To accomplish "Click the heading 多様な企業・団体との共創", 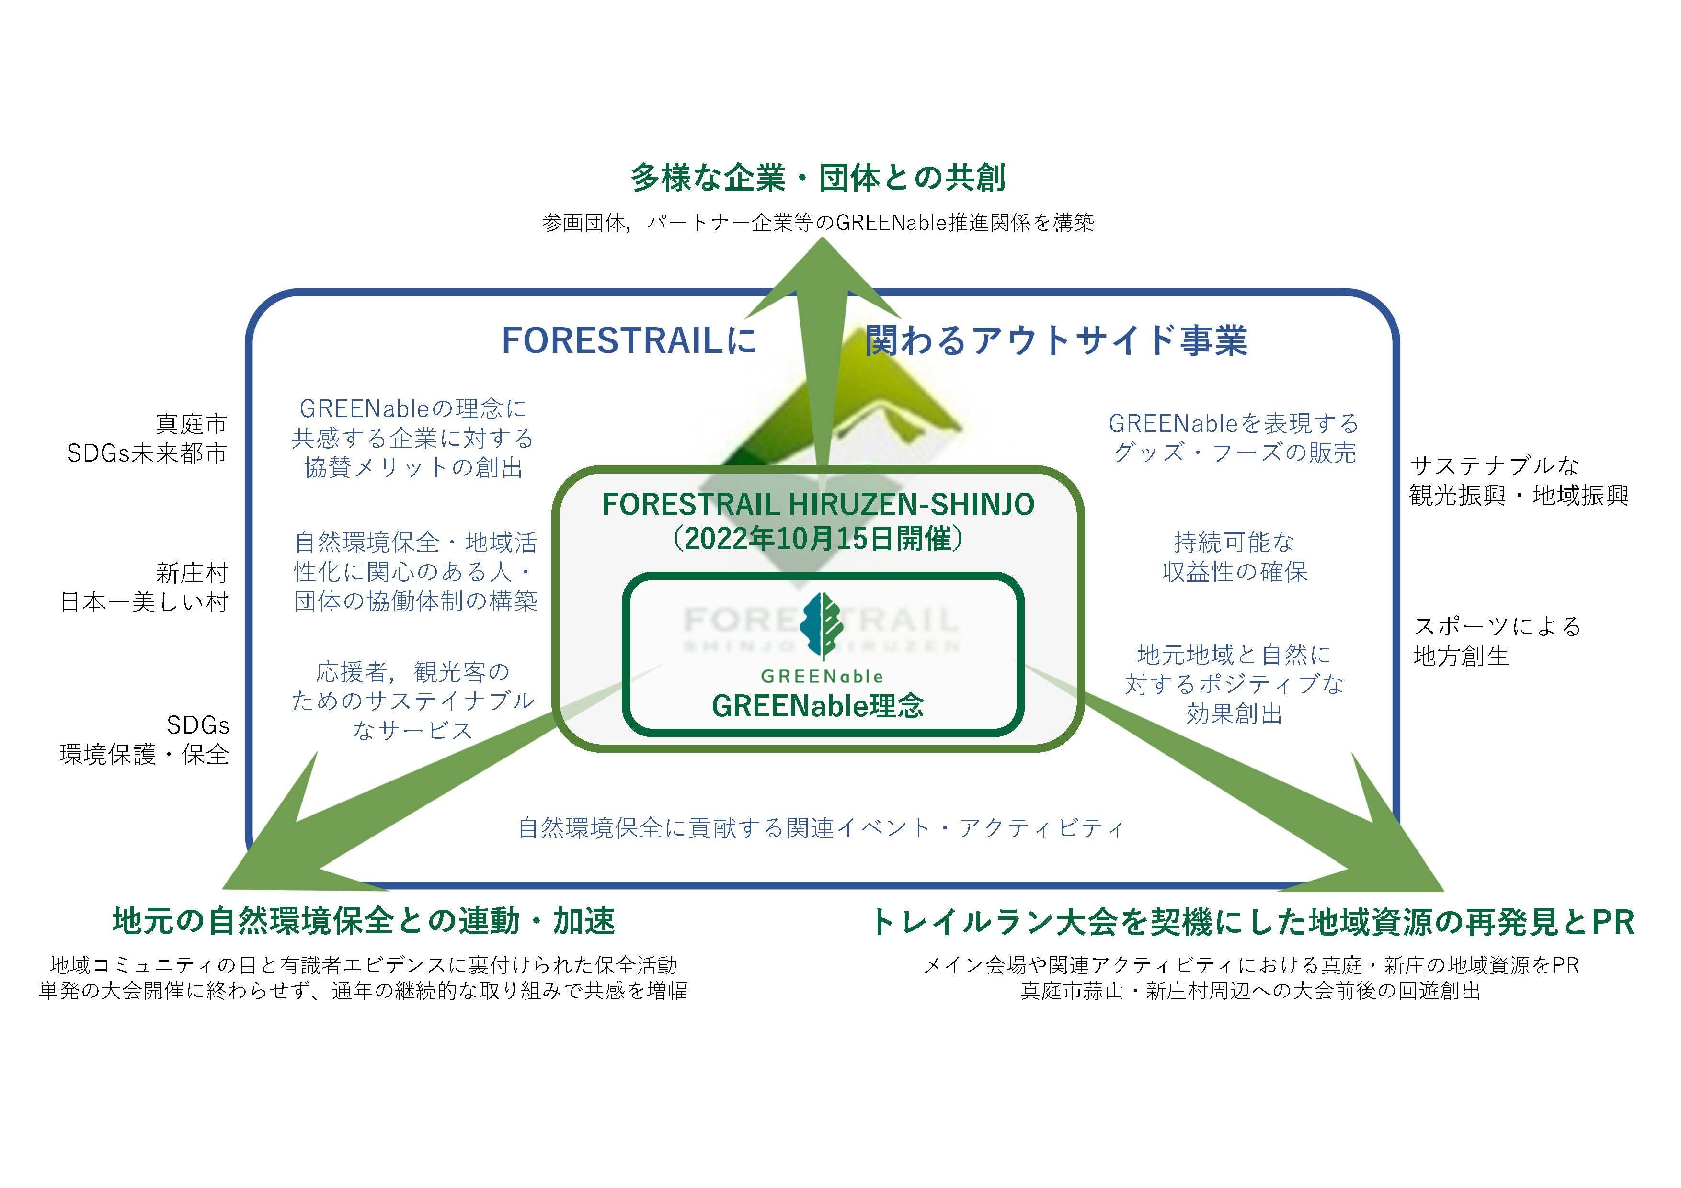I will (818, 178).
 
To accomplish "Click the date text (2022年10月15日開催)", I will (817, 540).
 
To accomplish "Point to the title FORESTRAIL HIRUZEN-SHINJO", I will (818, 504).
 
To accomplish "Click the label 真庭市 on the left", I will (192, 424).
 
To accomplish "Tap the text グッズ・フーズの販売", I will (1235, 453).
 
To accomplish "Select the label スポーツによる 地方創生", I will (1497, 641).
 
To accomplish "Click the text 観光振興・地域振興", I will (1519, 496).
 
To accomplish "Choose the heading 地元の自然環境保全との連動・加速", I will (364, 921).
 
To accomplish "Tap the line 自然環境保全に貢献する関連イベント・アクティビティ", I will (820, 828).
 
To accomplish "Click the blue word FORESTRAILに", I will (628, 341).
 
